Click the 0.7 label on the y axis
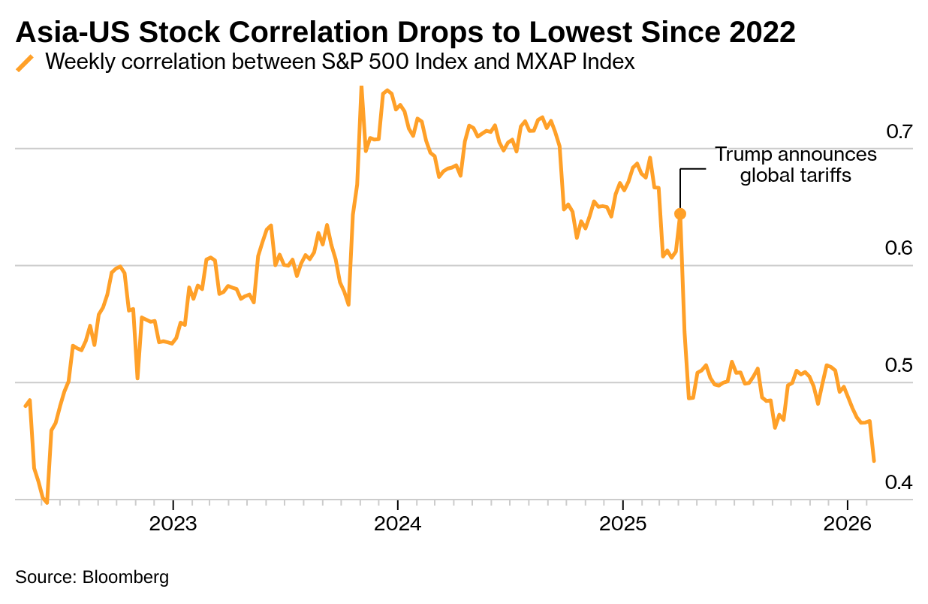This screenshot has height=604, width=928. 899,132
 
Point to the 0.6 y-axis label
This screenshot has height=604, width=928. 899,249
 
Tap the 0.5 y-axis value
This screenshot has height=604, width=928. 899,366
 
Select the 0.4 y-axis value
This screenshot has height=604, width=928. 899,482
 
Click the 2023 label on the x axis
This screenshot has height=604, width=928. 173,524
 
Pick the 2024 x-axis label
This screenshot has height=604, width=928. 398,524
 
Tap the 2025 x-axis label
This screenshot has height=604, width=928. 622,524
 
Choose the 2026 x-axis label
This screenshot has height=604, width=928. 847,524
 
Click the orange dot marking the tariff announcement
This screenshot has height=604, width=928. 680,214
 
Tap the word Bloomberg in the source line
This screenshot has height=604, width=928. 125,577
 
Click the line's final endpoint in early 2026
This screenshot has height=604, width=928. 874,461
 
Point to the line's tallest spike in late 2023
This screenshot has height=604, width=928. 361,87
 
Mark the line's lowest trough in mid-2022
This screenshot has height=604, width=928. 47,503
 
